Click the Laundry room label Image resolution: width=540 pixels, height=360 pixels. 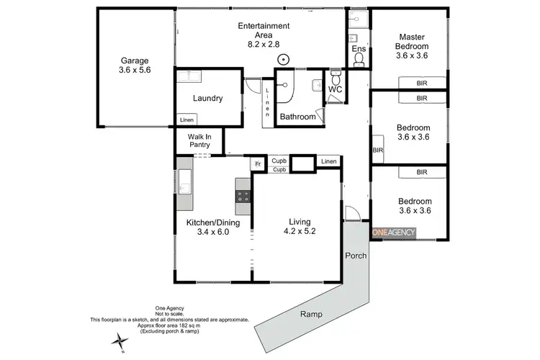207,99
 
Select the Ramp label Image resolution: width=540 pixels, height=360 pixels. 311,314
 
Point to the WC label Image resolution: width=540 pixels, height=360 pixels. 335,89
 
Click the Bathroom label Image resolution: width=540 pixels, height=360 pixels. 297,116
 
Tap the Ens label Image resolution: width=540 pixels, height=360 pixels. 359,50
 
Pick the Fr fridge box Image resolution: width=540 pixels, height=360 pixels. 256,163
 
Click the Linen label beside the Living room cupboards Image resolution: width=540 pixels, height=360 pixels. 328,161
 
